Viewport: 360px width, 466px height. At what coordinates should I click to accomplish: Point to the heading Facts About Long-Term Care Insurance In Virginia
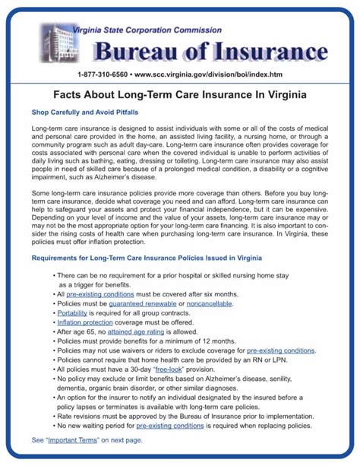(180, 97)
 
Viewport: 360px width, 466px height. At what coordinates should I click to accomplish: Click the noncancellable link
(210, 303)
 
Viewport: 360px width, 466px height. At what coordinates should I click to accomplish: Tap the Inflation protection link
(84, 322)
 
